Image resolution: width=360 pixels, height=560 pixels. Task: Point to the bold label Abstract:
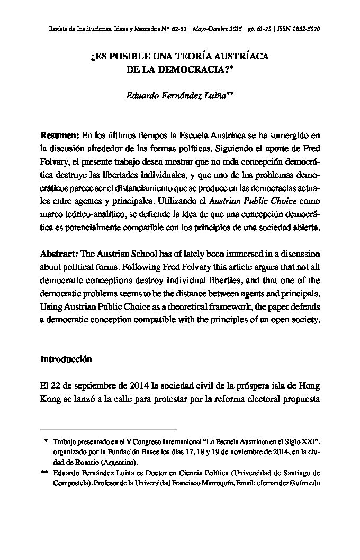click(x=58, y=255)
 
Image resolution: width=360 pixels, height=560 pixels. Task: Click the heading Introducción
click(x=66, y=359)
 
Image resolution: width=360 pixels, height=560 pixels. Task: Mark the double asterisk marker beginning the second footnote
click(x=45, y=473)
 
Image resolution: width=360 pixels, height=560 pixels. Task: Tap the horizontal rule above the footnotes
click(x=109, y=428)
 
